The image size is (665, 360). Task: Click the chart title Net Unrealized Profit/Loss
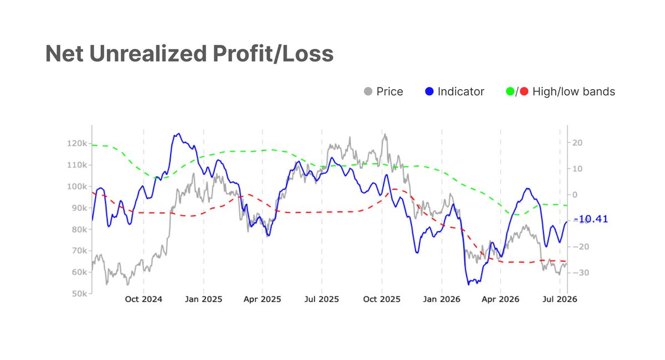[x=190, y=54]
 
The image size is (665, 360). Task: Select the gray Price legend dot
[x=368, y=91]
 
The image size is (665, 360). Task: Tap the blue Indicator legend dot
[x=429, y=91]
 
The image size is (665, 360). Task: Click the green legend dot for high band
[x=510, y=91]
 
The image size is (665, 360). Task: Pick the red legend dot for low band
[x=524, y=91]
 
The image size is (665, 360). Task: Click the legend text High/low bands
[x=574, y=91]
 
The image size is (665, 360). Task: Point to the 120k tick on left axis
[x=77, y=143]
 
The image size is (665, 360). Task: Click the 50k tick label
[x=79, y=294]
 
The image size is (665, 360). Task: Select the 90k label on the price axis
[x=79, y=208]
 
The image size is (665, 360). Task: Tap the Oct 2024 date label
[x=144, y=299]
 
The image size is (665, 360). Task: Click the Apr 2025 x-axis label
[x=263, y=299]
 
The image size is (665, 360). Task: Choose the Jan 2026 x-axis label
[x=442, y=299]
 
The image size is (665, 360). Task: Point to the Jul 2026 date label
[x=560, y=299]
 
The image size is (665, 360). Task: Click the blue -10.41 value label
[x=591, y=219]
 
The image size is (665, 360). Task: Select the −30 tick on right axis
[x=581, y=272]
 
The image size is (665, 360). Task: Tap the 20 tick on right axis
[x=577, y=143]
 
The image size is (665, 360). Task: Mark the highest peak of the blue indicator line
[x=178, y=133]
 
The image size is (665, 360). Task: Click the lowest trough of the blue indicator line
[x=469, y=285]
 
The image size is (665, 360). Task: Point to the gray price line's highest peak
[x=385, y=134]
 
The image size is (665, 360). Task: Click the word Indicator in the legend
[x=461, y=91]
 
